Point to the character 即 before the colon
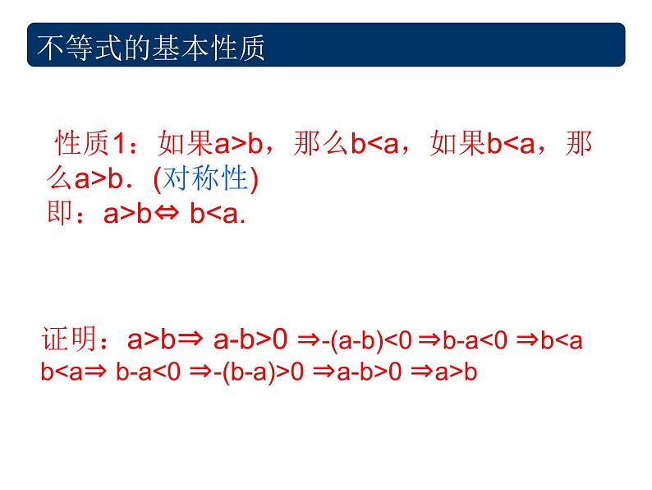[61, 214]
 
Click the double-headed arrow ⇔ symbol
[171, 215]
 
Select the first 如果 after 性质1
[186, 146]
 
